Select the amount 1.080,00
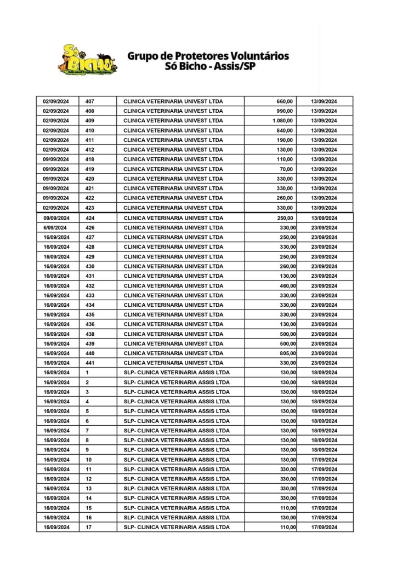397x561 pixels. pyautogui.click(x=283, y=121)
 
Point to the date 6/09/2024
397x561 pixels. pyautogui.click(x=55, y=227)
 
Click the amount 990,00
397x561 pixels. pyautogui.click(x=285, y=111)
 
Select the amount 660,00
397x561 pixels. pyautogui.click(x=285, y=101)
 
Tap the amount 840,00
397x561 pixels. pyautogui.click(x=285, y=130)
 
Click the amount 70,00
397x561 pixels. pyautogui.click(x=287, y=169)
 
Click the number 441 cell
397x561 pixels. pyautogui.click(x=90, y=363)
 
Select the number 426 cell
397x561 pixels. pyautogui.click(x=90, y=227)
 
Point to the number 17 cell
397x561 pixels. pyautogui.click(x=89, y=527)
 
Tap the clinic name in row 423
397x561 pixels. pyautogui.click(x=173, y=208)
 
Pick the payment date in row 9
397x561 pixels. pyautogui.click(x=324, y=450)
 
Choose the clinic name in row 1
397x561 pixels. pyautogui.click(x=177, y=373)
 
